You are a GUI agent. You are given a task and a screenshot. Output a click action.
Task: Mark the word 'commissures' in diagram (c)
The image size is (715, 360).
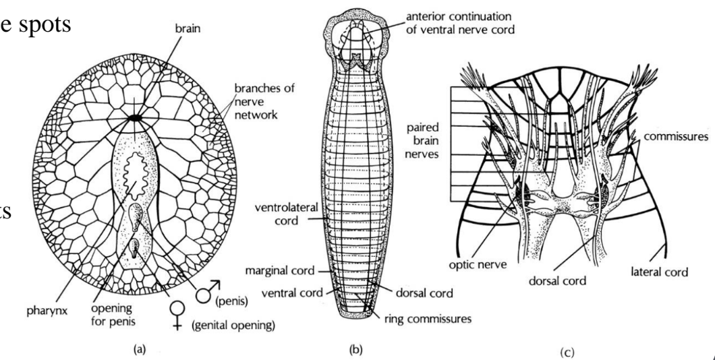coord(677,136)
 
